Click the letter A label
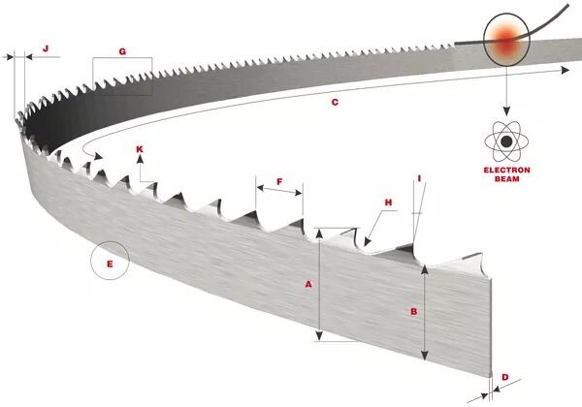[x=308, y=285]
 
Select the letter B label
[x=414, y=311]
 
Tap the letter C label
[x=335, y=101]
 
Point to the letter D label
[x=504, y=376]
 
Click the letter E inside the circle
[x=110, y=263]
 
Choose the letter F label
[x=279, y=181]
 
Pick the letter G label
[x=122, y=49]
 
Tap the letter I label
[x=419, y=177]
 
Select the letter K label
[x=140, y=149]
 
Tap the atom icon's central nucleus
[x=505, y=144]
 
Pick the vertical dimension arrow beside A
[x=319, y=285]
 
